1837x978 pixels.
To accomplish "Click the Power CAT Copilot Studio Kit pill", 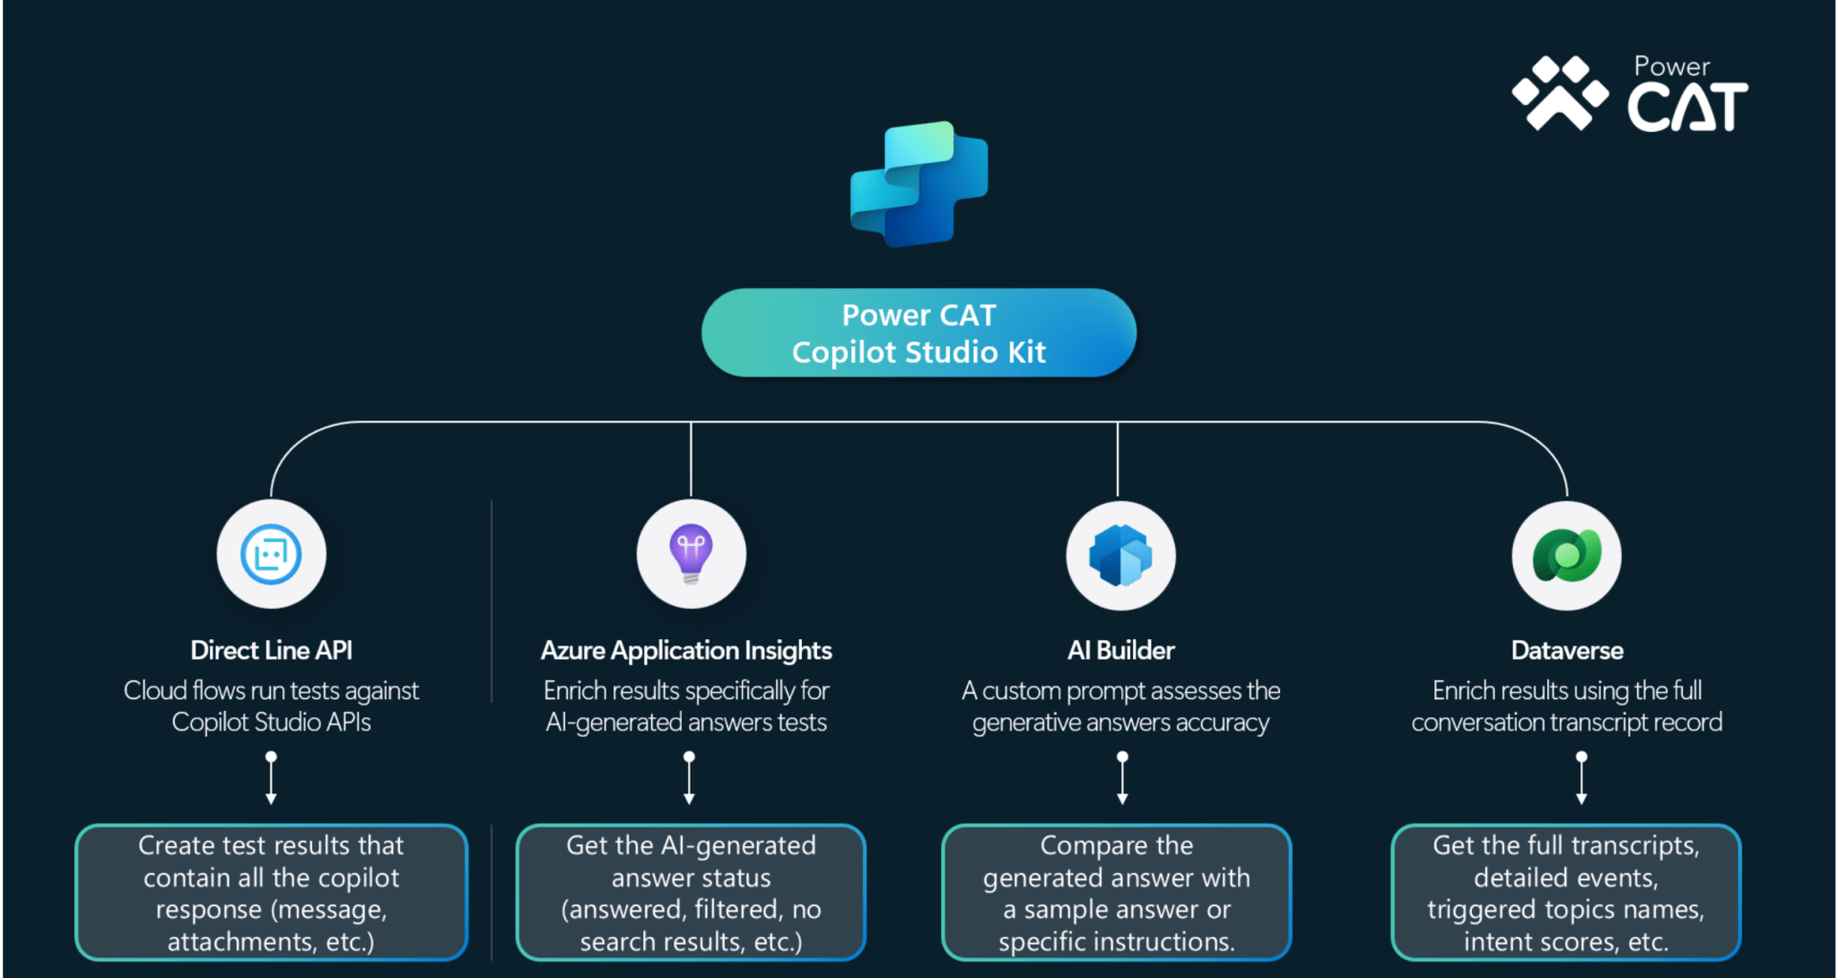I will coord(918,333).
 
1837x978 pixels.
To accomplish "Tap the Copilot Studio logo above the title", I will coord(918,184).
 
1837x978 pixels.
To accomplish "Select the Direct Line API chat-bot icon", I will coord(271,554).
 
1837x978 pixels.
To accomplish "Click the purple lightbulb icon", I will coord(691,554).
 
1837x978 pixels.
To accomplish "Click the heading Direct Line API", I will coord(271,651).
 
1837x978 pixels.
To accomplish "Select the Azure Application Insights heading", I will coord(686,651).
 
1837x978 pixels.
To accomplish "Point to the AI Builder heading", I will coord(1120,651).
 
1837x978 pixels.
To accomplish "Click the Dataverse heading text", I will coord(1566,651).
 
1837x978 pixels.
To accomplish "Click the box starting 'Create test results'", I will coord(271,893).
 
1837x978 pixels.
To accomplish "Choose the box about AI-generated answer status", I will coord(691,893).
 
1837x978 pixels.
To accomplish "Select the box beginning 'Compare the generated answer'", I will coord(1117,893).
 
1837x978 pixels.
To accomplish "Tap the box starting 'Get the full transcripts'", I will coord(1565,893).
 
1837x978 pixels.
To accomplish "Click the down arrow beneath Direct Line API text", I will coord(271,778).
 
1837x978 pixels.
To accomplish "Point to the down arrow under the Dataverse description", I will coord(1581,778).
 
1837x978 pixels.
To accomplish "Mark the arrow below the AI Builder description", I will coord(1122,778).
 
